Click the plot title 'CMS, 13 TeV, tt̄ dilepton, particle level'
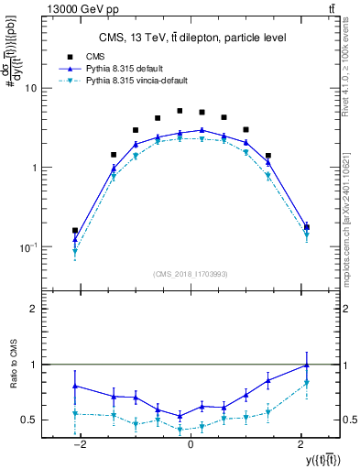click(x=192, y=38)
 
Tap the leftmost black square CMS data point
click(x=75, y=231)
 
